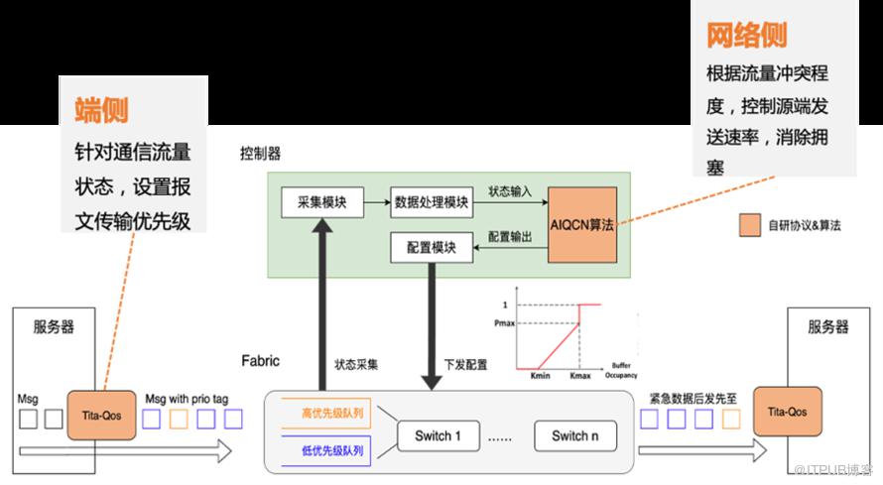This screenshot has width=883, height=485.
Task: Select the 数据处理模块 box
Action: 430,201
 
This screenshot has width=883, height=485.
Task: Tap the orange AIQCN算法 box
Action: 582,225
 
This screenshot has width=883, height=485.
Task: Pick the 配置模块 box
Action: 430,248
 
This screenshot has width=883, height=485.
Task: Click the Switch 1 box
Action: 438,435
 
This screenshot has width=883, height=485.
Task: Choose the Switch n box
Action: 574,435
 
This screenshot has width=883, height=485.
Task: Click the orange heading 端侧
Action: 102,109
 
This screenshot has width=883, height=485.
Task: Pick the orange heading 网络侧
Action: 746,37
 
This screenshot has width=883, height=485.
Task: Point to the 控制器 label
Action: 260,154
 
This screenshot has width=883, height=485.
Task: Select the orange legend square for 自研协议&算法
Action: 749,225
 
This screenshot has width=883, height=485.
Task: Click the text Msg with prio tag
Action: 187,398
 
